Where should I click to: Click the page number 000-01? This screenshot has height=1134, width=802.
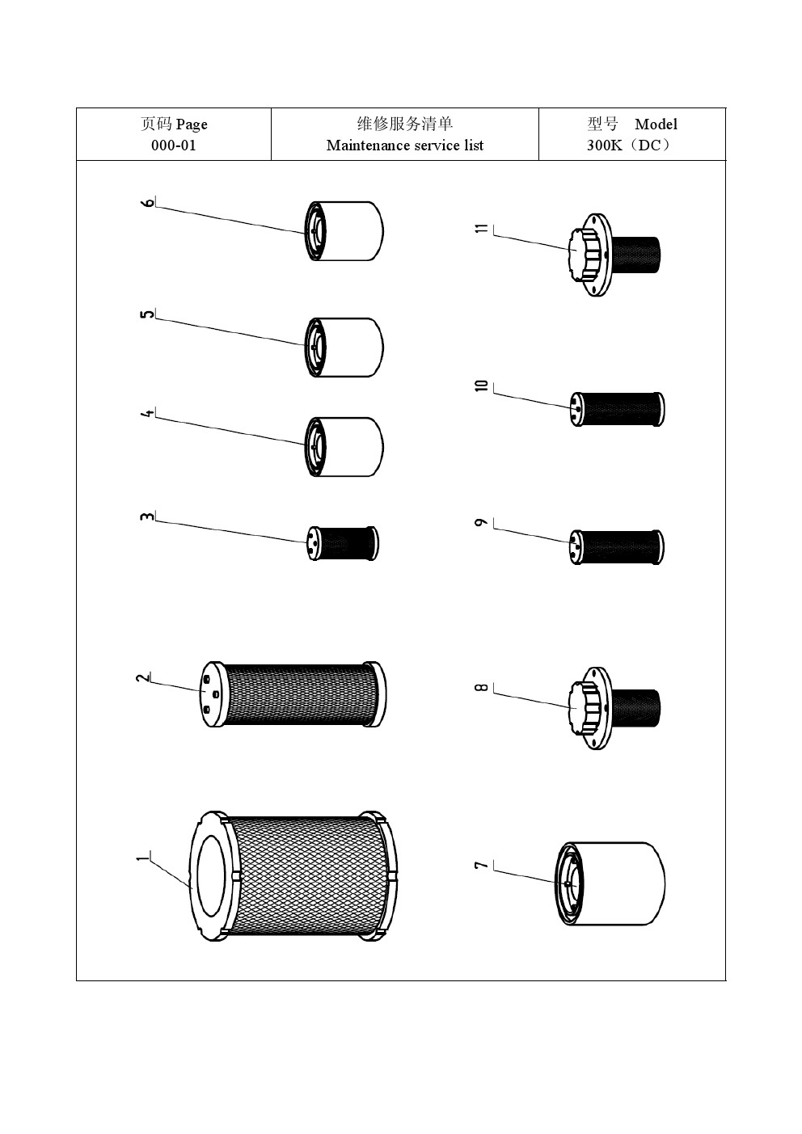[x=173, y=145]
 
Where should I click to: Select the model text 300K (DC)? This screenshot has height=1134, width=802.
[x=629, y=145]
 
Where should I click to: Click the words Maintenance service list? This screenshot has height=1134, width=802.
[x=404, y=145]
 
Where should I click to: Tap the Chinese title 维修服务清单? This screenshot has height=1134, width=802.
[x=404, y=124]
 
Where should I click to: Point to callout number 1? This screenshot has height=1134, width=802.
[x=143, y=858]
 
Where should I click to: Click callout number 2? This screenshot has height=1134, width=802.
[x=143, y=677]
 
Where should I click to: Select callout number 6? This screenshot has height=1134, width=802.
[x=147, y=203]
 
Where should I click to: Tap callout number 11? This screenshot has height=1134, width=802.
[x=482, y=228]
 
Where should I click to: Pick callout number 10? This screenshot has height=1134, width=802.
[x=482, y=386]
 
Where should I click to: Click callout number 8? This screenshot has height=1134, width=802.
[x=482, y=687]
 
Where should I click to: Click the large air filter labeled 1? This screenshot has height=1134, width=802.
[x=293, y=876]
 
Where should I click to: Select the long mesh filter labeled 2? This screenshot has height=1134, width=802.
[x=293, y=694]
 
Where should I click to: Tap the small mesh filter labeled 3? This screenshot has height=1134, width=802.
[x=343, y=543]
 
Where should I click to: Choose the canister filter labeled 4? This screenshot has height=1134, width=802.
[x=344, y=446]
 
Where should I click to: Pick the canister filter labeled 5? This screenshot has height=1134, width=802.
[x=344, y=348]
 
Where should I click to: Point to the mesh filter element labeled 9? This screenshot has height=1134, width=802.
[x=617, y=546]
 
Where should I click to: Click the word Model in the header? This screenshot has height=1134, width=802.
[x=656, y=124]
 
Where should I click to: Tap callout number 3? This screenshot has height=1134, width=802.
[x=147, y=516]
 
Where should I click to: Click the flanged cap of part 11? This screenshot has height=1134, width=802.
[x=590, y=255]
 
